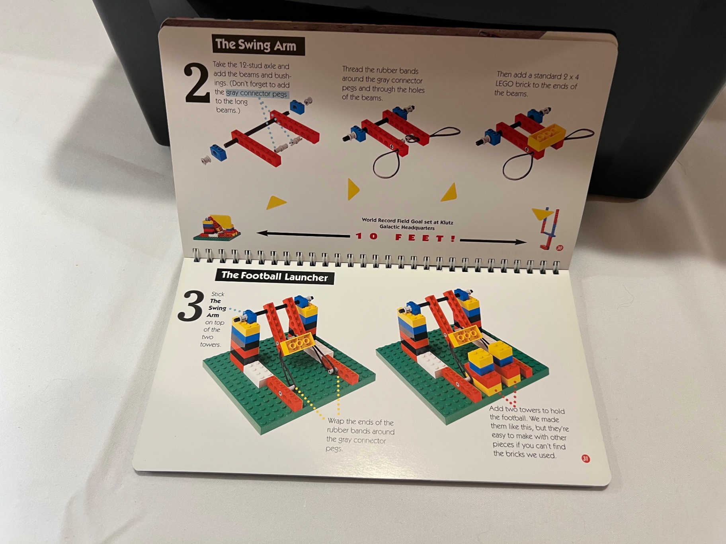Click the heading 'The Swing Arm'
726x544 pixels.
258,45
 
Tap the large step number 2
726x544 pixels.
196,85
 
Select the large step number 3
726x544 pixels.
191,306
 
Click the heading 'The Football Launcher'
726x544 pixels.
274,276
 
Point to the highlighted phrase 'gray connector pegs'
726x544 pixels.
257,94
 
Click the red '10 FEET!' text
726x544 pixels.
406,237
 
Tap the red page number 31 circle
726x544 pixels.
585,459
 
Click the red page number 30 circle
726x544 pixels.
559,248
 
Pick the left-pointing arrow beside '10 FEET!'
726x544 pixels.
302,235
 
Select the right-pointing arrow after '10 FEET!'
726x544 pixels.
493,241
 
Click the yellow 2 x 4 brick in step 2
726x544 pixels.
546,136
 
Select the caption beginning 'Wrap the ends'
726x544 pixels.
360,435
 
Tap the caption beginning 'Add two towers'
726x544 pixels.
528,432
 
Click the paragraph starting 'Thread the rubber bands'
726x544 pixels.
383,84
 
